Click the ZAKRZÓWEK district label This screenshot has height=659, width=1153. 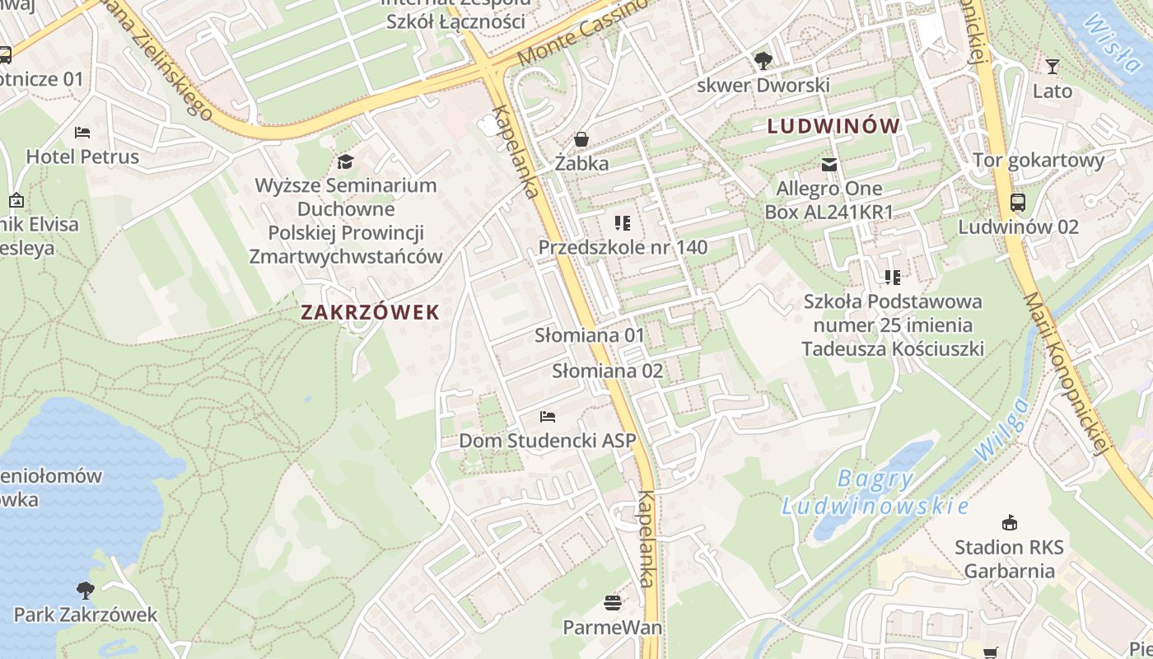(x=370, y=313)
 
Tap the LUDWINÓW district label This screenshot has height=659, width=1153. (x=833, y=127)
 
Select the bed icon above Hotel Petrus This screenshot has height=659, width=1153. (x=82, y=132)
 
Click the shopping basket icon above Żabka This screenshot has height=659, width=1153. (x=581, y=139)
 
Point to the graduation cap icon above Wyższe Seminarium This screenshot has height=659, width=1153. (x=346, y=161)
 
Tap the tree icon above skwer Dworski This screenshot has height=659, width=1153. (x=763, y=60)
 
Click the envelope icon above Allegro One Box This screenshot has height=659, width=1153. (x=829, y=165)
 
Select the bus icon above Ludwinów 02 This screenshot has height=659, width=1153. (x=1018, y=202)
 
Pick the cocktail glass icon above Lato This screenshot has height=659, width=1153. (x=1052, y=67)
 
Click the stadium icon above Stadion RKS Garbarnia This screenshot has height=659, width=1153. (x=1009, y=522)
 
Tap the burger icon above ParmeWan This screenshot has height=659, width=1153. (x=612, y=603)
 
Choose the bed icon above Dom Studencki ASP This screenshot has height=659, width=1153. (x=548, y=416)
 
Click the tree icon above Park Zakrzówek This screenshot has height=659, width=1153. (x=85, y=590)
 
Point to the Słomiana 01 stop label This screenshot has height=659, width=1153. (x=590, y=336)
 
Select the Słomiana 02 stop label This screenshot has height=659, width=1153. (x=607, y=371)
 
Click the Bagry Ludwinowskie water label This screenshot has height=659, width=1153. (x=875, y=492)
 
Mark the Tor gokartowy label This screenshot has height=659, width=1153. (x=1039, y=161)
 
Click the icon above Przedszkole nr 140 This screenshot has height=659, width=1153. (x=622, y=222)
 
